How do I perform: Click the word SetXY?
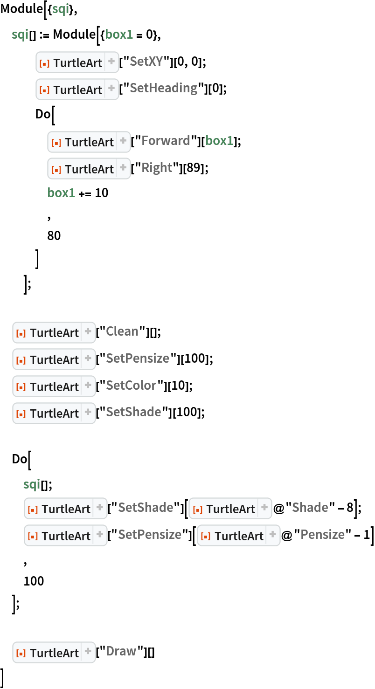(x=146, y=62)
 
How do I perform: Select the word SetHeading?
(x=163, y=88)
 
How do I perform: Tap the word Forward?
(x=166, y=141)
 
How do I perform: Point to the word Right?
(x=157, y=168)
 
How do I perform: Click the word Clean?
(x=122, y=331)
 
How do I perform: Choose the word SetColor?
(x=131, y=386)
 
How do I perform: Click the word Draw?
(x=121, y=651)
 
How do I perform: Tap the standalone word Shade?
(x=310, y=508)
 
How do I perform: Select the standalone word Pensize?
(x=322, y=535)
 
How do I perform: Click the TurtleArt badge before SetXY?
(x=77, y=62)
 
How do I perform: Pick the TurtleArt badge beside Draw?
(x=54, y=653)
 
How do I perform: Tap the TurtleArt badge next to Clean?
(x=54, y=333)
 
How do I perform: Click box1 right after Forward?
(x=219, y=141)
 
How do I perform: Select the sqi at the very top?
(x=61, y=9)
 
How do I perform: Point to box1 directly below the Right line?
(x=61, y=193)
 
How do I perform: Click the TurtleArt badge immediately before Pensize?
(x=238, y=536)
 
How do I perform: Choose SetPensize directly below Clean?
(x=137, y=358)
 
